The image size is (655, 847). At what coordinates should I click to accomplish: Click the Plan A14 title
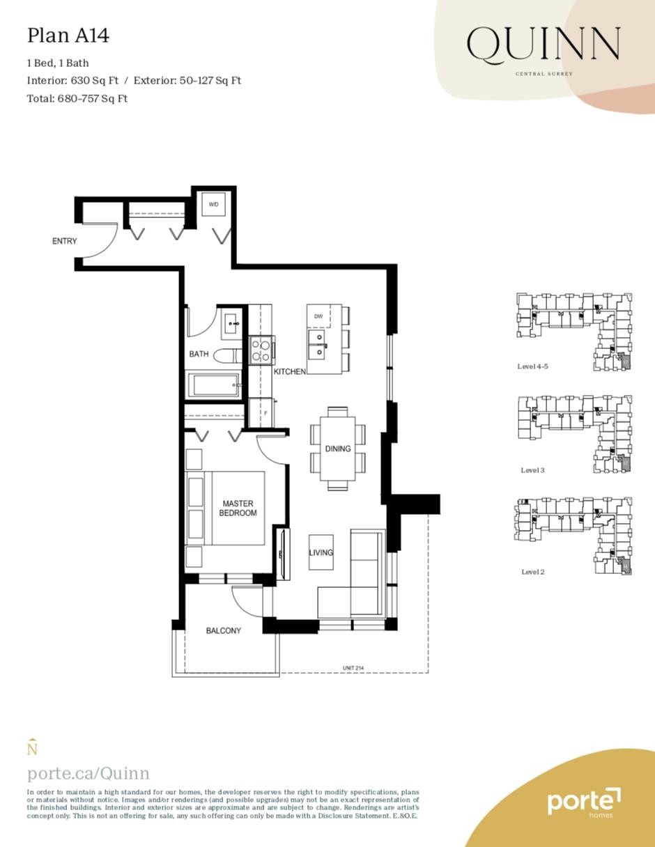(68, 36)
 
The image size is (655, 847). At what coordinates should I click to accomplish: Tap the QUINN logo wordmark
(543, 45)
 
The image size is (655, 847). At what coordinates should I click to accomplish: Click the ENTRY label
(65, 241)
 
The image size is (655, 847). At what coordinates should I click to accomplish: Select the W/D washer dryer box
(214, 205)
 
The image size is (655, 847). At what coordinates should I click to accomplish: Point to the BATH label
(199, 354)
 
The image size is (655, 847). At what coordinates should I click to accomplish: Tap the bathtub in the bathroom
(213, 384)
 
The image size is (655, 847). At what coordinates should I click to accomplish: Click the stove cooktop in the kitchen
(261, 350)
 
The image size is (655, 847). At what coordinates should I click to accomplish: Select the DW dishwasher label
(318, 316)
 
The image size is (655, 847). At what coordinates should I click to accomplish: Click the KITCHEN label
(289, 372)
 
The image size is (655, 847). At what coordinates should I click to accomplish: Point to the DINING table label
(338, 449)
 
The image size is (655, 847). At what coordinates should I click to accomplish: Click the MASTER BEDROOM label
(238, 508)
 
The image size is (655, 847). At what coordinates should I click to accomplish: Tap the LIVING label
(321, 553)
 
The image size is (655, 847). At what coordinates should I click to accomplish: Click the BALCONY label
(224, 630)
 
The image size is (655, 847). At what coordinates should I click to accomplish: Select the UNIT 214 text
(353, 669)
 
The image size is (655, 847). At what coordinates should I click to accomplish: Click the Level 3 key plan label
(533, 470)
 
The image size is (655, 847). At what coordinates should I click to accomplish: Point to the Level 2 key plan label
(533, 572)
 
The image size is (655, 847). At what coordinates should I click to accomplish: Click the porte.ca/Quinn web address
(88, 773)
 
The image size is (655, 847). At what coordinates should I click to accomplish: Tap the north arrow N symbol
(31, 748)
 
